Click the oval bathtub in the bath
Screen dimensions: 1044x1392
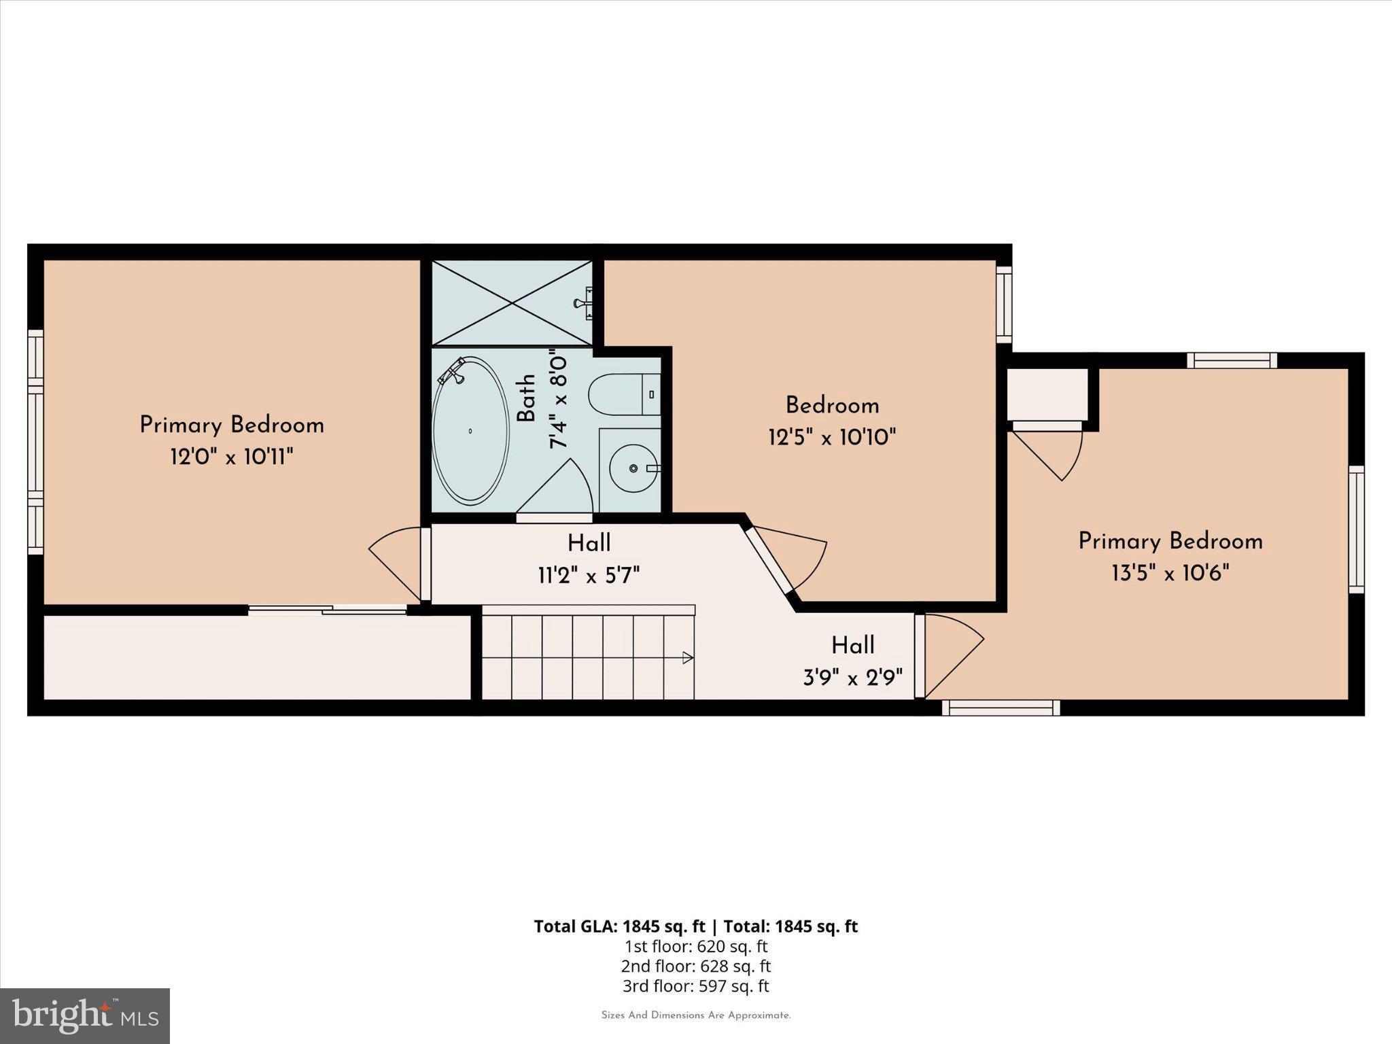(470, 431)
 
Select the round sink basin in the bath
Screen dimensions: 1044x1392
(633, 468)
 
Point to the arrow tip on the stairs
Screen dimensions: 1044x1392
(688, 657)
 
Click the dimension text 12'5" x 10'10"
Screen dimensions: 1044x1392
(832, 437)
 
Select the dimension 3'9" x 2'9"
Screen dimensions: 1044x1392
(853, 678)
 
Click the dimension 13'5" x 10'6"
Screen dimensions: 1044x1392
(1170, 573)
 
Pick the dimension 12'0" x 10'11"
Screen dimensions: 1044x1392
(232, 457)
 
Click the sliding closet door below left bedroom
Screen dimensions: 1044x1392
(328, 610)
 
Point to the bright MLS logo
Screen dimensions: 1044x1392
(85, 1016)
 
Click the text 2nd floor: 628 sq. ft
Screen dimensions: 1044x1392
(695, 966)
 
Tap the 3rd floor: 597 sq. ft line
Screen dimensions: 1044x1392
(695, 986)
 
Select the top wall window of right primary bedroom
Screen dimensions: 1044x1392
(1232, 360)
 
